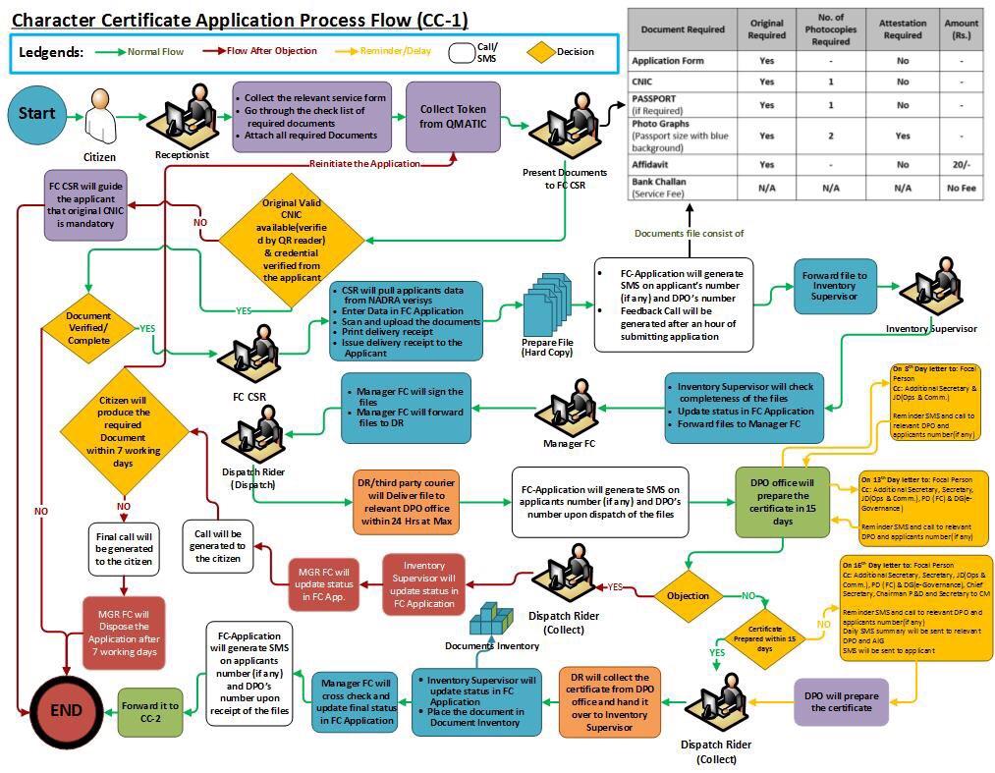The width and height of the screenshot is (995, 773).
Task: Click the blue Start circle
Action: click(36, 114)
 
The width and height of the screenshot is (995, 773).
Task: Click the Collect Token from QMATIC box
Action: click(453, 117)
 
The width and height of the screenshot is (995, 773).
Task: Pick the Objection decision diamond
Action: click(688, 595)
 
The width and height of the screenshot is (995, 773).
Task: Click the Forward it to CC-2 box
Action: click(150, 712)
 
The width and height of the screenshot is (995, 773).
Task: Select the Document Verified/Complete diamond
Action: click(88, 328)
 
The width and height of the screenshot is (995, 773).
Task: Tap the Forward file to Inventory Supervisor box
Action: click(835, 286)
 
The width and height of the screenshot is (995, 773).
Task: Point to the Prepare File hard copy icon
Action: click(547, 304)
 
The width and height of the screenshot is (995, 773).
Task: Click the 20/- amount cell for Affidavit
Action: click(961, 165)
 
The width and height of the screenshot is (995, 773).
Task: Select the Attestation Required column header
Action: click(902, 29)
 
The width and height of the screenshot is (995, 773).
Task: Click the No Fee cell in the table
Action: click(961, 187)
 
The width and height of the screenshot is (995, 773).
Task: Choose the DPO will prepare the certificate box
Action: click(841, 701)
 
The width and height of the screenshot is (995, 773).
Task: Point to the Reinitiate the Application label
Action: click(364, 164)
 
